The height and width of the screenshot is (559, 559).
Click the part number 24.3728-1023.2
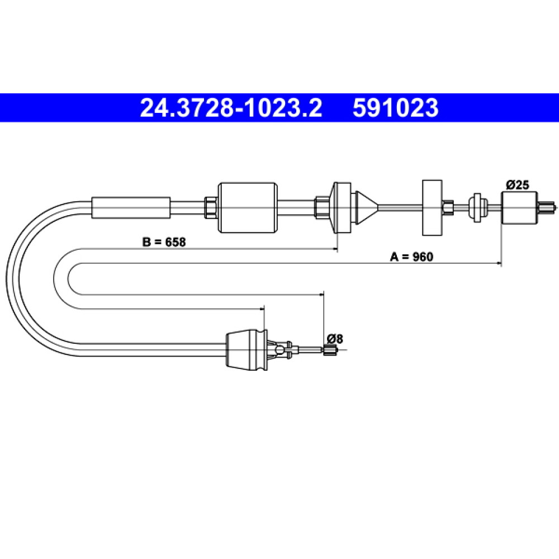(x=231, y=108)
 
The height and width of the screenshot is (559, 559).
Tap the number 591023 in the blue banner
(x=395, y=108)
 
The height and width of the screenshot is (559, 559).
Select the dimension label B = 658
(x=164, y=242)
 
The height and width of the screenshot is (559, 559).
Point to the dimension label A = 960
(x=411, y=257)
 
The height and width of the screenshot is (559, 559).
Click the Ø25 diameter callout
(x=518, y=185)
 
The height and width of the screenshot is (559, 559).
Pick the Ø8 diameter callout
(x=335, y=339)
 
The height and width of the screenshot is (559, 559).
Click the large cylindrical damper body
(x=248, y=208)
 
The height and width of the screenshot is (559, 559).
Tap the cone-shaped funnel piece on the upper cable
(x=367, y=207)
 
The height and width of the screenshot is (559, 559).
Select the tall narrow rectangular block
(x=432, y=207)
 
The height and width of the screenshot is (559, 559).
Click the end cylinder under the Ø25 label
(x=519, y=207)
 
